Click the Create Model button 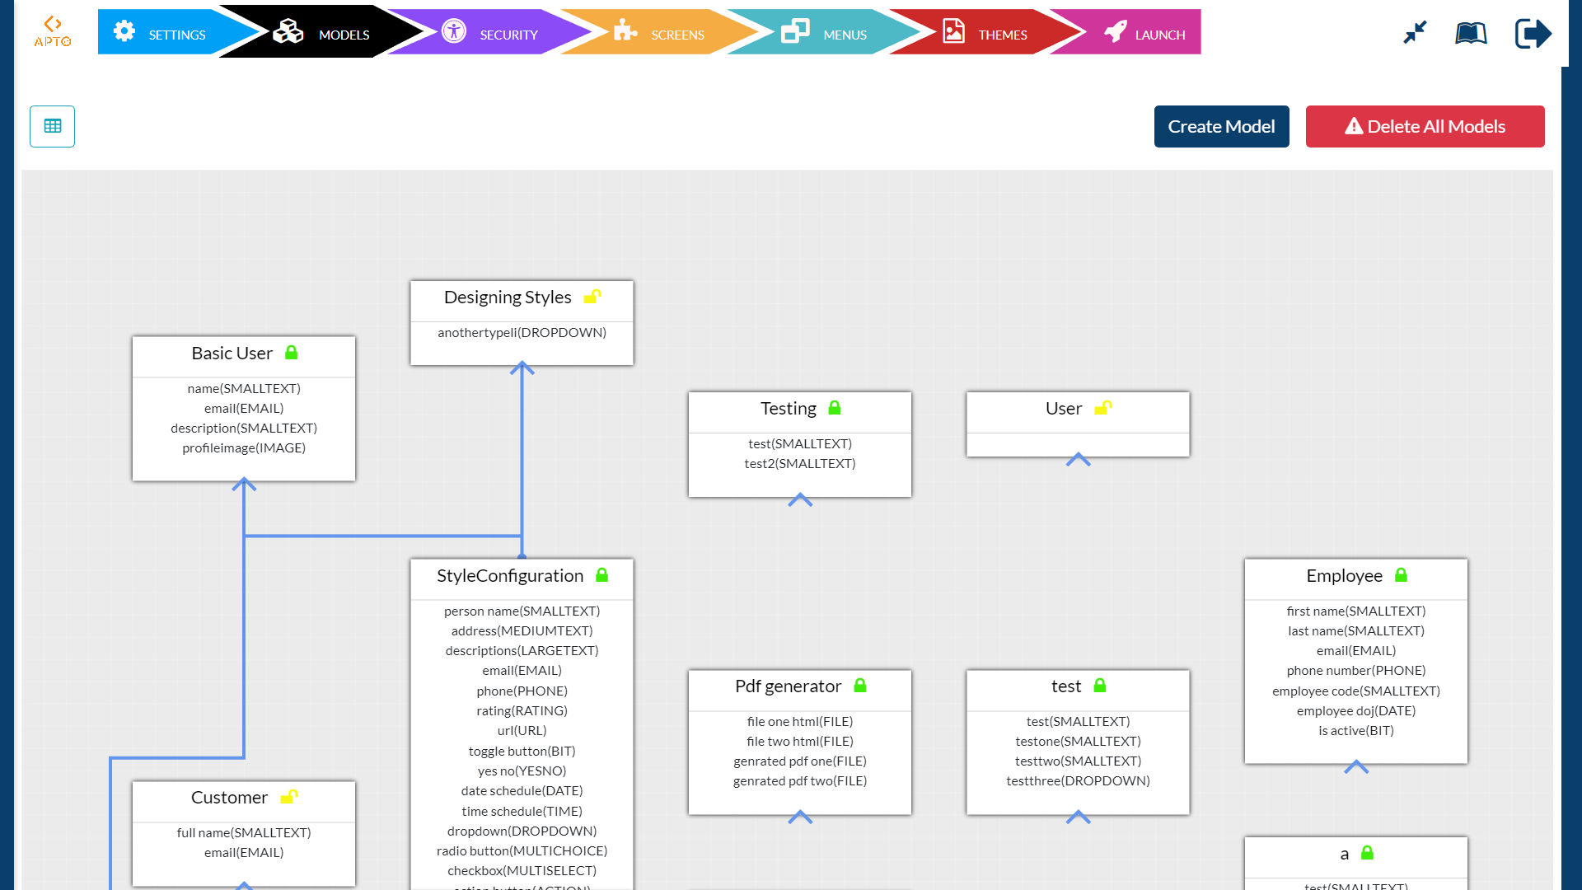1221,127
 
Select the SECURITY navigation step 491,34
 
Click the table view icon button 53,126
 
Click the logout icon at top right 1533,34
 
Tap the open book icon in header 1471,34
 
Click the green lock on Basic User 291,353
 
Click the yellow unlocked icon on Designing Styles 592,297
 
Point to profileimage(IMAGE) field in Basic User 244,448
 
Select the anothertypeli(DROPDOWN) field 522,333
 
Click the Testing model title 788,409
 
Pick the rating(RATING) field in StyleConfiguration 522,711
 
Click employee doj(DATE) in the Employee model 1355,711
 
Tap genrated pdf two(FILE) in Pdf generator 799,781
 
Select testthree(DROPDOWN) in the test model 1078,781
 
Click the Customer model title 229,798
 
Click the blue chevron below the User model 1078,460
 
